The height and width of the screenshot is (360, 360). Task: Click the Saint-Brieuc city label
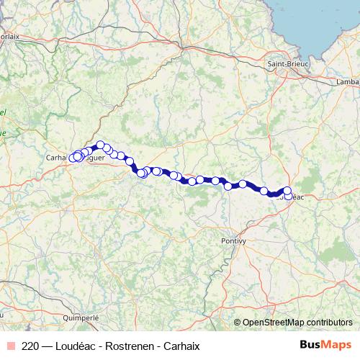(x=287, y=64)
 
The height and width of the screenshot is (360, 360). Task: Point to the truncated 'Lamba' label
(x=347, y=82)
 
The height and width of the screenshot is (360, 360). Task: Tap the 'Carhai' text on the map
(x=57, y=156)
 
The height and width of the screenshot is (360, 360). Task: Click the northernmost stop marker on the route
(x=101, y=145)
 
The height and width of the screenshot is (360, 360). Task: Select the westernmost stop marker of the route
(x=72, y=157)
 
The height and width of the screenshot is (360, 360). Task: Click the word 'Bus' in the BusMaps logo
(x=310, y=345)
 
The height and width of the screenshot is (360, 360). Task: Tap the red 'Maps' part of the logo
(x=336, y=345)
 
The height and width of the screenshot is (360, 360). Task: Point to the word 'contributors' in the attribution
(x=329, y=322)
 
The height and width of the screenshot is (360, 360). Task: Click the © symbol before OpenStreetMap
(x=238, y=322)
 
